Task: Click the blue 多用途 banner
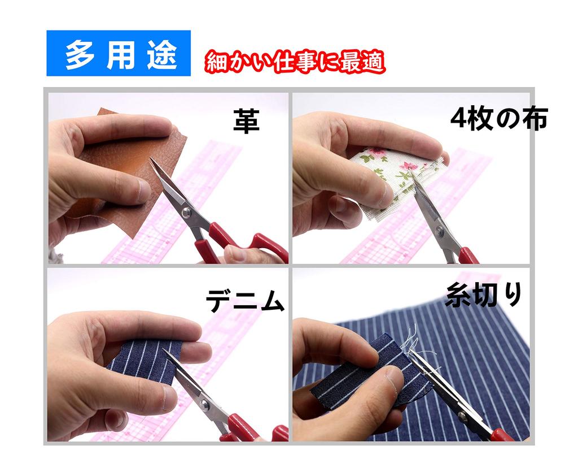pos(119,53)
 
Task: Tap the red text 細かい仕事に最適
pos(295,62)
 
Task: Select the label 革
pos(247,121)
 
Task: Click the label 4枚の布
pos(499,119)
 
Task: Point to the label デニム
pos(244,302)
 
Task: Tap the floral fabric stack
pos(395,170)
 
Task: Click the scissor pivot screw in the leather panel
pos(186,211)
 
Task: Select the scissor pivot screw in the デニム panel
pos(205,405)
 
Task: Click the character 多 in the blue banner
pos(80,54)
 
